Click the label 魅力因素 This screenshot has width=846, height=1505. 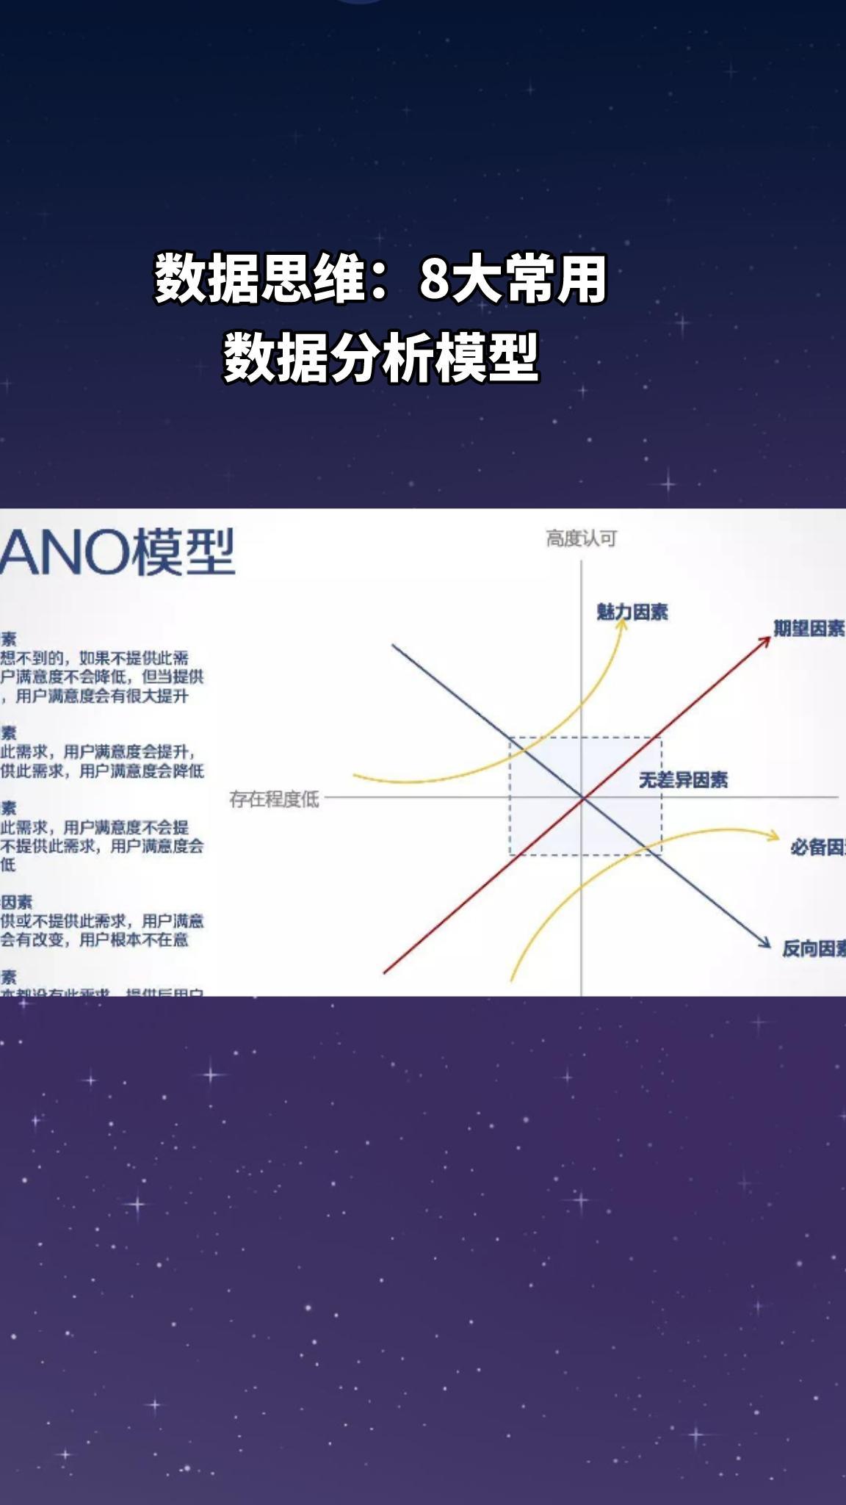click(x=632, y=612)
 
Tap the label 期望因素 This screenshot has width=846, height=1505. click(x=809, y=628)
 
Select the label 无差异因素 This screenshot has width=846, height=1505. click(x=683, y=779)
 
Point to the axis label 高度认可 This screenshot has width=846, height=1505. click(x=581, y=538)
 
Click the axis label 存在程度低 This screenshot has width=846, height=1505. click(x=274, y=798)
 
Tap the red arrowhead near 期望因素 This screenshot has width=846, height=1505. click(x=764, y=640)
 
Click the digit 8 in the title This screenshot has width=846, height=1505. click(x=433, y=279)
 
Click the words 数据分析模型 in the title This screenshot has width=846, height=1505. click(x=381, y=358)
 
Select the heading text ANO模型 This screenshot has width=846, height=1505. click(x=117, y=552)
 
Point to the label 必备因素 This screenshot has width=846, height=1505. click(x=817, y=848)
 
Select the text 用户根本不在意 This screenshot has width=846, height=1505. click(x=134, y=939)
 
